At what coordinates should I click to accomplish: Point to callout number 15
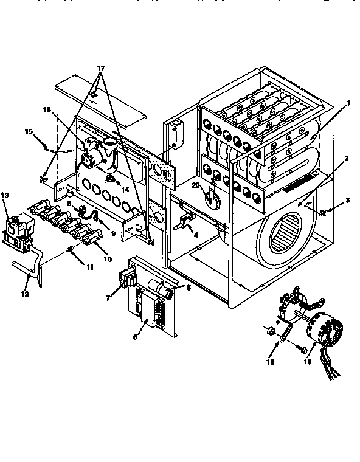(27, 131)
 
